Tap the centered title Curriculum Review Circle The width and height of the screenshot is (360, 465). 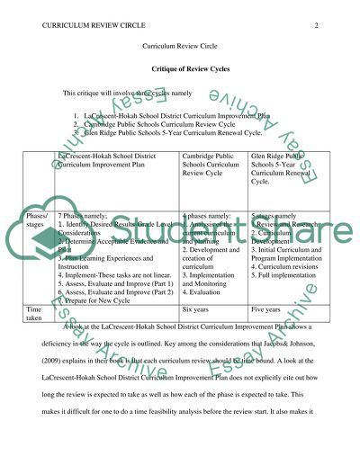click(x=179, y=46)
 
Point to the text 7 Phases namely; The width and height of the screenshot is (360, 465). click(x=89, y=217)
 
